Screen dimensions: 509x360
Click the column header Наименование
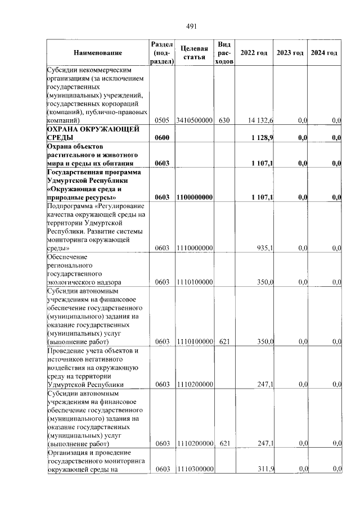[x=97, y=53]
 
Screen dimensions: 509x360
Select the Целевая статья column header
[x=194, y=53]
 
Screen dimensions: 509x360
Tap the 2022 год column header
[x=254, y=53]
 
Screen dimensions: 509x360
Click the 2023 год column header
[x=290, y=53]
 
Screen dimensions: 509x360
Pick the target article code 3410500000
[x=194, y=120]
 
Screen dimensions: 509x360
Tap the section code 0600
[x=162, y=138]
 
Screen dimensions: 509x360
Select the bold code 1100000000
[x=194, y=197]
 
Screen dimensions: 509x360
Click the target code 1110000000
[x=194, y=247]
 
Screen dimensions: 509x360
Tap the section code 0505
[x=162, y=120]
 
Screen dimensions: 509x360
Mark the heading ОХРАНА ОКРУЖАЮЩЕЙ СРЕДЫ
[x=93, y=134]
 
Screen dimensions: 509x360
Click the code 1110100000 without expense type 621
[x=194, y=282]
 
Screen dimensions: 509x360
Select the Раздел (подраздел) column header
[x=162, y=53]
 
